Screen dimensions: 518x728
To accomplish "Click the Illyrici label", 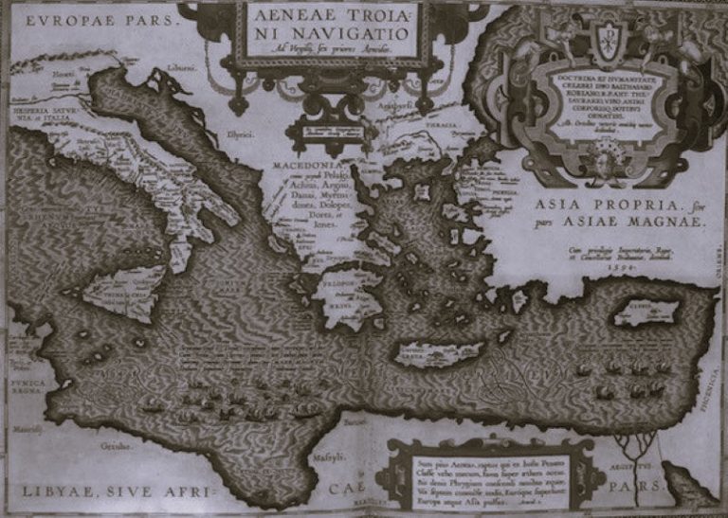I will pos(240,134).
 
